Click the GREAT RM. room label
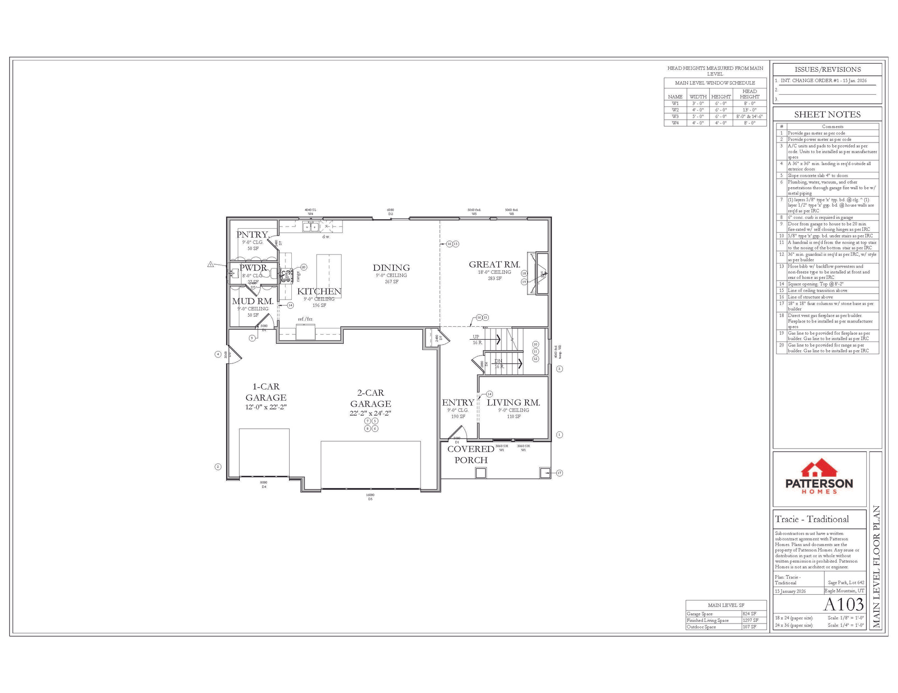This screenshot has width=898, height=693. point(494,265)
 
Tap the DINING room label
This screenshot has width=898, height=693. point(391,268)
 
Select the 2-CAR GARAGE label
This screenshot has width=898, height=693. point(370,398)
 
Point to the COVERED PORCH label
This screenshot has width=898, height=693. point(471,454)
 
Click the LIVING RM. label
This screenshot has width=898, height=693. point(513,403)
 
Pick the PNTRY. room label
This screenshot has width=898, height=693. point(253,235)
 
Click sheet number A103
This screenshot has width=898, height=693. point(843,604)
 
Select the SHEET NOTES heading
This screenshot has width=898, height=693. point(827,115)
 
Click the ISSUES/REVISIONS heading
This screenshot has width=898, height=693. point(827,69)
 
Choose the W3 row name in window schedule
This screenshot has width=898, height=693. point(675,116)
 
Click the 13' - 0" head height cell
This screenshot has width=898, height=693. point(749,110)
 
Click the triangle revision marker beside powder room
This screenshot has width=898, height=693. point(210,264)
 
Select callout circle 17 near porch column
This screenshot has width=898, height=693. point(559,473)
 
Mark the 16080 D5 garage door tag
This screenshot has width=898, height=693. point(370,497)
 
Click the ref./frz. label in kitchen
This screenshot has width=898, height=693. point(305,319)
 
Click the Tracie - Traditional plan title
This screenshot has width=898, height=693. point(812,519)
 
